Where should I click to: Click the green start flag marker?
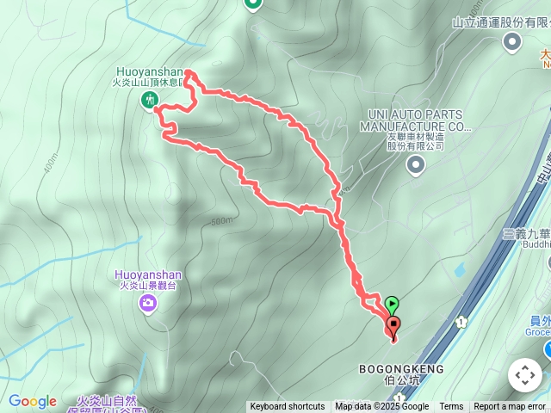(x=392, y=304)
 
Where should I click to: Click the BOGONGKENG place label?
(x=401, y=369)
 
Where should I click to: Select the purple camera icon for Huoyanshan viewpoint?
(x=149, y=302)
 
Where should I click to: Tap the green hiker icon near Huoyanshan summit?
(x=148, y=101)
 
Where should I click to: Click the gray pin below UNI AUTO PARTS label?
(x=416, y=164)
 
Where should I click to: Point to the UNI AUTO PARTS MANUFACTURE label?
(x=416, y=120)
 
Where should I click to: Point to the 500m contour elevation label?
(x=221, y=221)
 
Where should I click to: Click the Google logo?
(x=33, y=401)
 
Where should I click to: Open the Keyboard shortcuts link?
(x=288, y=407)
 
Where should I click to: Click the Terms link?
(x=451, y=407)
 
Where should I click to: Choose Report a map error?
(x=510, y=407)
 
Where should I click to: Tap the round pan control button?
(x=524, y=375)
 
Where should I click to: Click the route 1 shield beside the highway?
(x=461, y=322)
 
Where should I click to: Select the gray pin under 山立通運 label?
(x=513, y=41)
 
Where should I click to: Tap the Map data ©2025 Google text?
(x=381, y=407)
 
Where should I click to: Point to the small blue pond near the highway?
(x=458, y=269)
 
